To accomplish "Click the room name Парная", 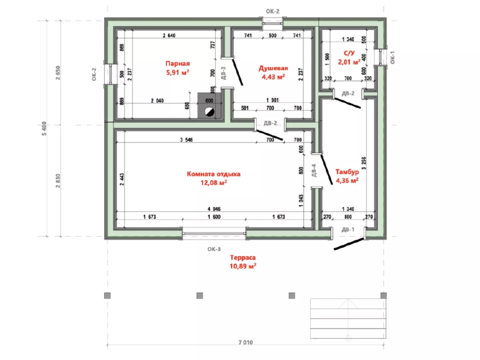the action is tap(178, 64).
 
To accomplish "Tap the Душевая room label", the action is tap(273, 68).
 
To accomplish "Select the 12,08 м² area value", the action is tap(213, 182).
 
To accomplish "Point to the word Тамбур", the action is tap(347, 171).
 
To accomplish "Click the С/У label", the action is tap(349, 53).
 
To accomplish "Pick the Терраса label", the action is tap(243, 258).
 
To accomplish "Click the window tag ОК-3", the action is tap(214, 249).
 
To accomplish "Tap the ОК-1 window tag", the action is tap(393, 57).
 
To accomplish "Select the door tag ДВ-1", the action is tap(348, 229).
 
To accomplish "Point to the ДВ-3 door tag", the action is tap(224, 73).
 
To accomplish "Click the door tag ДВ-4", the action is tap(314, 171).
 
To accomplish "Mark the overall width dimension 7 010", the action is tap(245, 342).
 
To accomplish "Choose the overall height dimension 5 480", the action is tap(44, 129).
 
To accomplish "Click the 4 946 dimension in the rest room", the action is tap(214, 209).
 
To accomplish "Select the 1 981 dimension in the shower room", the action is tap(272, 100).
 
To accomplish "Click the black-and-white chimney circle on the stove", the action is tap(210, 112).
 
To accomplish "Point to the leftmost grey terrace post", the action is tap(107, 296).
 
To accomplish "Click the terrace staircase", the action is tap(348, 319).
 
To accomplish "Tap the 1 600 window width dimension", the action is tap(214, 217).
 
